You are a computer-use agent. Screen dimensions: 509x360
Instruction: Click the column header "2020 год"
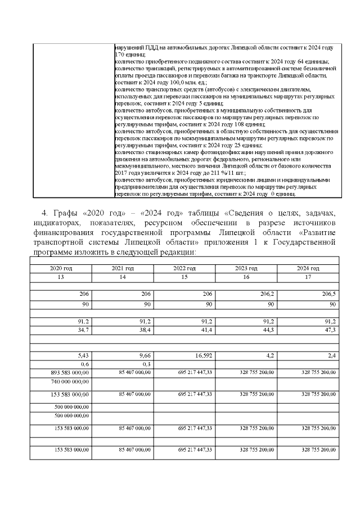click(x=61, y=268)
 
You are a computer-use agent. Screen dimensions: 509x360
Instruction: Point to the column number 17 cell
click(x=308, y=277)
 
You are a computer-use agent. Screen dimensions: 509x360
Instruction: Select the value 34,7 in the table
click(x=83, y=329)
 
